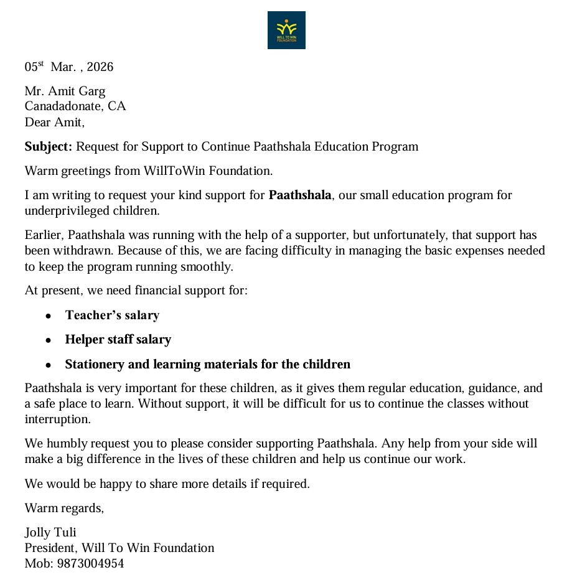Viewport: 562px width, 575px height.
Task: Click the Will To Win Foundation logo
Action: (286, 30)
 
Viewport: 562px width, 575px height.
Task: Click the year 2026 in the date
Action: (101, 67)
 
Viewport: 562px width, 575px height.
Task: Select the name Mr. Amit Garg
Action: (65, 91)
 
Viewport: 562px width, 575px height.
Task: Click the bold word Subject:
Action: (49, 147)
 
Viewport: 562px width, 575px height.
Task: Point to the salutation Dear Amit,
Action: (54, 122)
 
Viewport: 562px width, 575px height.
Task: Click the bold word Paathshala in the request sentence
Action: (300, 195)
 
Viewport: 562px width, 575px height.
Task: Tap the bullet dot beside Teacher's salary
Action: (48, 316)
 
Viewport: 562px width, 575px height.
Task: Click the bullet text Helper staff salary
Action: (118, 340)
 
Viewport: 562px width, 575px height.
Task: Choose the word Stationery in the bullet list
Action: (93, 364)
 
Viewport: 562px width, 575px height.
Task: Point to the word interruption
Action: (57, 419)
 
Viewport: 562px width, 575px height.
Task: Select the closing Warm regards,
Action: (64, 508)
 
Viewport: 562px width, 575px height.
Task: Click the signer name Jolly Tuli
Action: (50, 533)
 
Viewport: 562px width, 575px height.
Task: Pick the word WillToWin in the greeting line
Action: (169, 171)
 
